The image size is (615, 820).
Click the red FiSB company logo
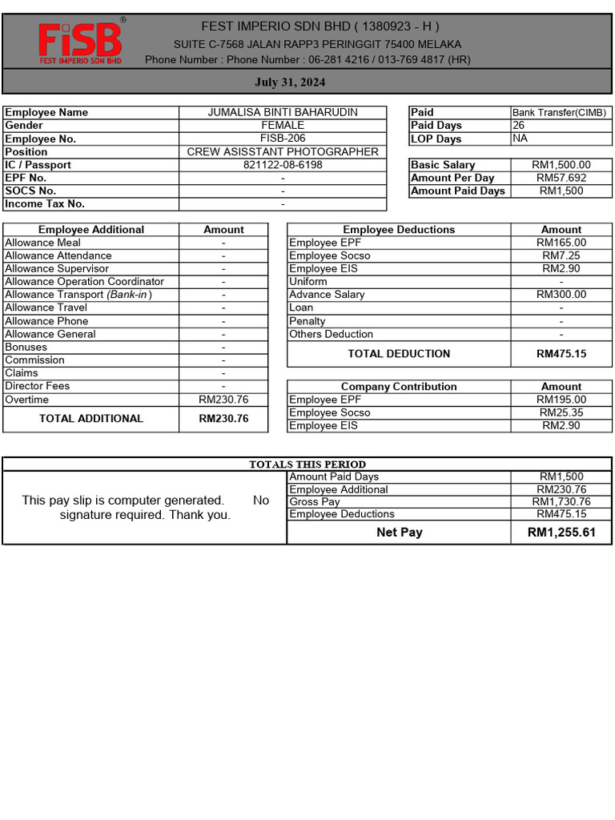(80, 42)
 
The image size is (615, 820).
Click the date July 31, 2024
(290, 82)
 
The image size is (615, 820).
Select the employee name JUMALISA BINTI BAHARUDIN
(283, 113)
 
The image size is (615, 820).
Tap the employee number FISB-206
(283, 139)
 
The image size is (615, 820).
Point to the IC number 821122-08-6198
(283, 165)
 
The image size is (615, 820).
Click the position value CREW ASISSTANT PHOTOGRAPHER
(283, 152)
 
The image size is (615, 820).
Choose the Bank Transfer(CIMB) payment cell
(560, 113)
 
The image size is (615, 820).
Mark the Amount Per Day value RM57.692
(561, 178)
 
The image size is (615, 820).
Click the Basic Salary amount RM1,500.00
(561, 165)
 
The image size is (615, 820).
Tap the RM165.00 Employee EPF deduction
(561, 243)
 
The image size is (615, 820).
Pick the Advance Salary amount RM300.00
(561, 295)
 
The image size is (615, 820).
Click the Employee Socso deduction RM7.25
(561, 255)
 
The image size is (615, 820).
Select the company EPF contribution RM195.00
(561, 400)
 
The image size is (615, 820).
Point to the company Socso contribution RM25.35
(561, 412)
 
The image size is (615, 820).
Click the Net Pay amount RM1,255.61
(561, 533)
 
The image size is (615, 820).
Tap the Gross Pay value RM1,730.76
(561, 502)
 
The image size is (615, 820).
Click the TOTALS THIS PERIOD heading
(307, 464)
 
